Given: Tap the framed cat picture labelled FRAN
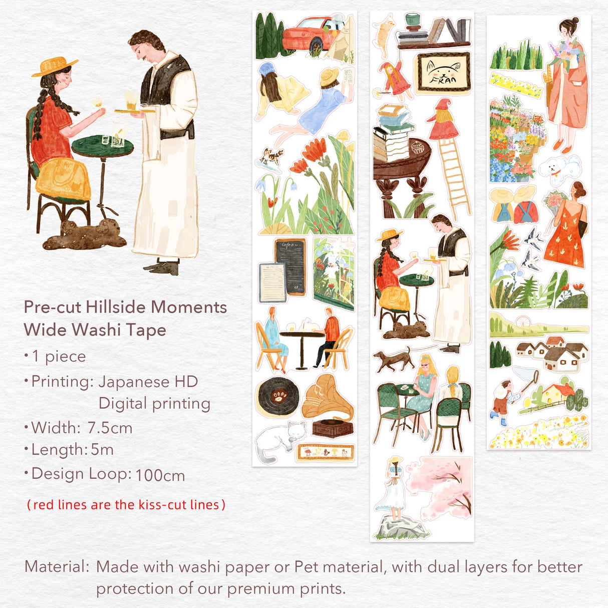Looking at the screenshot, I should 443,74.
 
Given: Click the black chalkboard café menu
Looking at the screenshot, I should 290,266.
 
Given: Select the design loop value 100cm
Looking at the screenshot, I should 160,475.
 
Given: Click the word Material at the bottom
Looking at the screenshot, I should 57,567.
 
